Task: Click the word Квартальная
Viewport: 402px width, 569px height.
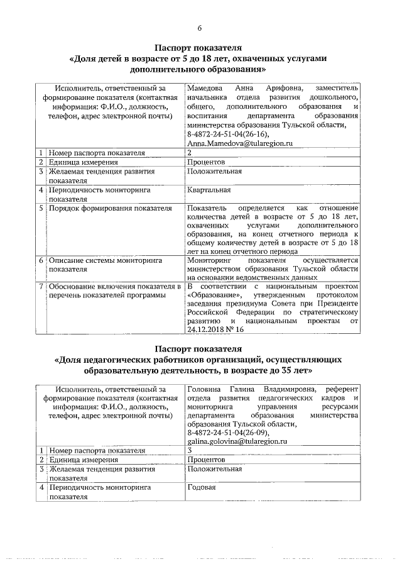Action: tap(209, 190)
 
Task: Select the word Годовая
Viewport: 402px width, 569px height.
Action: tap(202, 488)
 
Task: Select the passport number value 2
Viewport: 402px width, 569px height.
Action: tap(189, 153)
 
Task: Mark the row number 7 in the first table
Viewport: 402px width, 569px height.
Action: tap(40, 287)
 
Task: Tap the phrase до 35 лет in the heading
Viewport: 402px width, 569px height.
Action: tap(280, 371)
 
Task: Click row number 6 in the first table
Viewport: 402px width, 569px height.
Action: tap(40, 260)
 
